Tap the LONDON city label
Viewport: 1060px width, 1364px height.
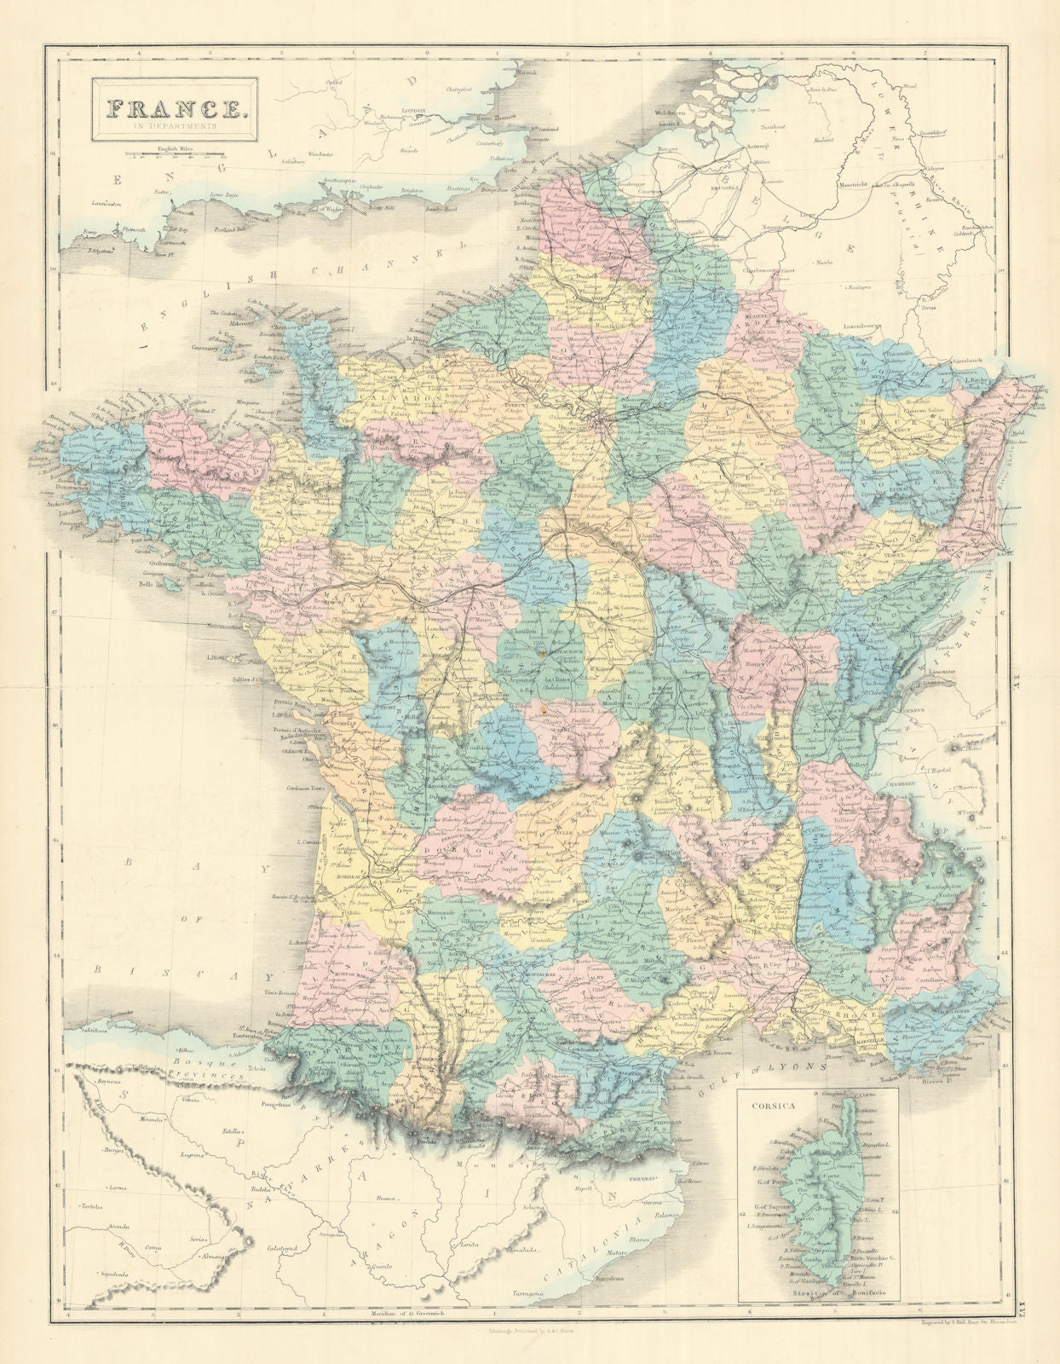tap(412, 111)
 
